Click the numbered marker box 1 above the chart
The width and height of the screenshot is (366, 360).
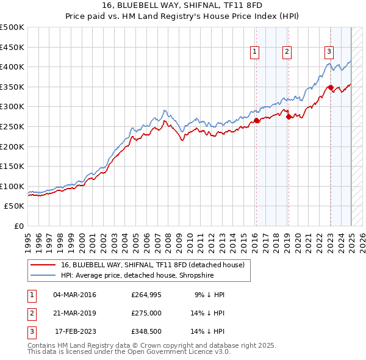tap(254, 52)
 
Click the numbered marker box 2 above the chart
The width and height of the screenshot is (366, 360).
tap(287, 52)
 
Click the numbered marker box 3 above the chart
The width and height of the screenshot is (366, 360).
tap(329, 52)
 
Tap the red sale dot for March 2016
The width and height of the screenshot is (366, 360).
tap(257, 121)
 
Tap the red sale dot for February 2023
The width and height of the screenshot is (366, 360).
tap(331, 87)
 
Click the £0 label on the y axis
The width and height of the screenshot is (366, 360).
tap(19, 226)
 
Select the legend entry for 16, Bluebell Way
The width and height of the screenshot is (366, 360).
tap(152, 265)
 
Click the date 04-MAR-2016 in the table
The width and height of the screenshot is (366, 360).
tap(75, 295)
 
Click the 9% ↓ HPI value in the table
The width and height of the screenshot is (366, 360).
tap(209, 295)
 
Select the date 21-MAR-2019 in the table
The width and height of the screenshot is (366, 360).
tap(75, 314)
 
